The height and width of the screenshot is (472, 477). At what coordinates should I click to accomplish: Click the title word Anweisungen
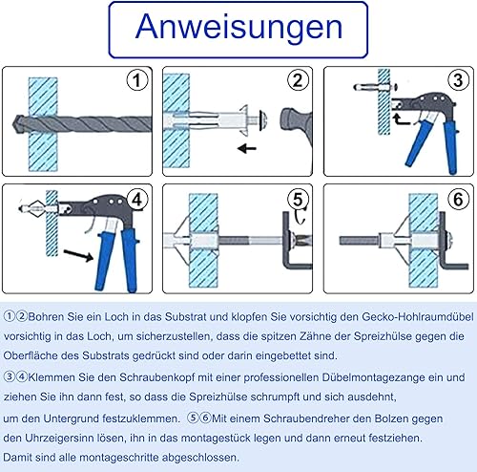(x=238, y=28)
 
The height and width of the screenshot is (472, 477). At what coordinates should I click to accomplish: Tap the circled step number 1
(x=137, y=80)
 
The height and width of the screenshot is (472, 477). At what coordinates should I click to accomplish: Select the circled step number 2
(x=298, y=80)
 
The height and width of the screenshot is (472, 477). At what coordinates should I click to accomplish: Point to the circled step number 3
(x=458, y=80)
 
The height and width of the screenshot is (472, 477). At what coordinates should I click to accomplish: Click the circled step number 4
(x=137, y=200)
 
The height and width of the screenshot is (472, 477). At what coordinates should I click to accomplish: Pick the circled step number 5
(x=298, y=200)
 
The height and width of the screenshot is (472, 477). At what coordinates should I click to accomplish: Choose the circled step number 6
(x=458, y=200)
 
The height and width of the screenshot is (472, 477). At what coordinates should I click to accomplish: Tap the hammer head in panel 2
(x=296, y=122)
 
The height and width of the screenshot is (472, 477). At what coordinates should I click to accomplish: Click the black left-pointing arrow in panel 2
(x=247, y=148)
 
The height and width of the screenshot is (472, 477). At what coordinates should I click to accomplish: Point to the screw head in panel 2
(x=263, y=120)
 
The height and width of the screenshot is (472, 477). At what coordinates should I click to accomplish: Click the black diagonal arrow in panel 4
(x=78, y=255)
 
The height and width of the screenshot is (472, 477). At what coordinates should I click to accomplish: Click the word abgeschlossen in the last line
(x=200, y=458)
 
